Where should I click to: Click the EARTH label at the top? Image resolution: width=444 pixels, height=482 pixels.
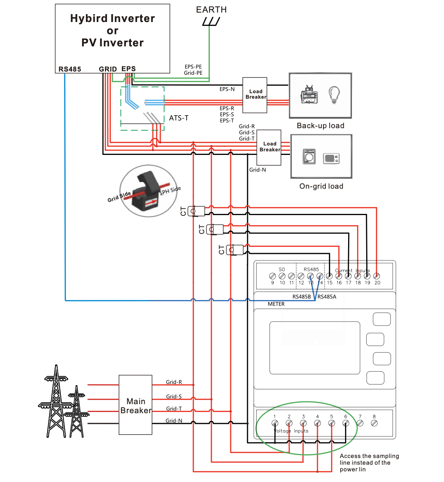tap(211, 10)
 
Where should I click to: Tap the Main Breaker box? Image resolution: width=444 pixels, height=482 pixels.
tap(136, 405)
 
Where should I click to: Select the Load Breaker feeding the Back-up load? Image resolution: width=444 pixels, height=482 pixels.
tap(255, 95)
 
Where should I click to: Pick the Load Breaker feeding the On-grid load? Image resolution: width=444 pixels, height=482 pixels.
tap(269, 147)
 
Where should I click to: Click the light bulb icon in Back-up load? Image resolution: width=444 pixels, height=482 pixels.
tap(334, 95)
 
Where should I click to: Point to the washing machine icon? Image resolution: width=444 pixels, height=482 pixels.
tap(309, 156)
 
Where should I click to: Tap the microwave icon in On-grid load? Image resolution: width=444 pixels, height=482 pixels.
tap(331, 158)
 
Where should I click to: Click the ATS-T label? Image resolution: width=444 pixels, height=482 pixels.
tap(179, 118)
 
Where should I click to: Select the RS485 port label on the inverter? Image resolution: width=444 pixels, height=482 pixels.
tap(70, 69)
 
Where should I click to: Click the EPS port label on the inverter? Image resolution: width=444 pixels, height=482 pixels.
tap(128, 69)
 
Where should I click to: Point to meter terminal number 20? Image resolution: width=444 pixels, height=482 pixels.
tap(376, 276)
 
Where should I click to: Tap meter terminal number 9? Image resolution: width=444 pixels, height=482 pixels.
tap(272, 276)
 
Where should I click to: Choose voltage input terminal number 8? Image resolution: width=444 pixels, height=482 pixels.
tap(374, 423)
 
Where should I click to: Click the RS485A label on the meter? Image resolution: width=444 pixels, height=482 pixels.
tap(327, 297)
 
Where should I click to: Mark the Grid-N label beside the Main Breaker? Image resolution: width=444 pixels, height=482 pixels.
tap(174, 421)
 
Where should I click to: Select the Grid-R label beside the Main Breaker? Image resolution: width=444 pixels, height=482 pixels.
tap(174, 382)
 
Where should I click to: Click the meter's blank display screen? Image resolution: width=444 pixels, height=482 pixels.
tap(315, 348)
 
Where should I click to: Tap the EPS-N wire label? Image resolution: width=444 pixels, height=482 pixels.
tap(227, 89)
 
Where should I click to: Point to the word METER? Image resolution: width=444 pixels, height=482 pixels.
tap(276, 304)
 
